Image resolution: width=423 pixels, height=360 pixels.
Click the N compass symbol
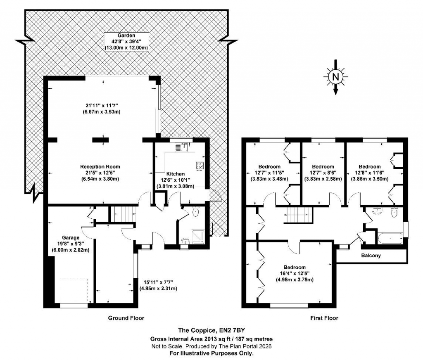tap(335, 77)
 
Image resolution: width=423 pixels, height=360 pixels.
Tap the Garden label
tap(126, 36)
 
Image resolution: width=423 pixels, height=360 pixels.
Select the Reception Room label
tap(100, 167)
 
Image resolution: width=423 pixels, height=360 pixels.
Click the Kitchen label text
tap(175, 174)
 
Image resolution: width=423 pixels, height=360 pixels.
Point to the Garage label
tap(71, 237)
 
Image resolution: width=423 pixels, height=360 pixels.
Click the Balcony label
tap(371, 256)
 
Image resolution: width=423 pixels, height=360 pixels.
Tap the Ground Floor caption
tap(126, 318)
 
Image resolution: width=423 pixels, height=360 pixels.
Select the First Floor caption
tap(324, 318)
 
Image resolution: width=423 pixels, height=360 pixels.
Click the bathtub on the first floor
tap(390, 238)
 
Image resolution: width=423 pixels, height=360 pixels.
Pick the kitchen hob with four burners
tap(200, 167)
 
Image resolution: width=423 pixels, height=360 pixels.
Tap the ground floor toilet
tap(196, 212)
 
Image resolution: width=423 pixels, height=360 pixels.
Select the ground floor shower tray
tap(198, 236)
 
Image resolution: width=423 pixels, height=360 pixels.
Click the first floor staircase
tap(298, 215)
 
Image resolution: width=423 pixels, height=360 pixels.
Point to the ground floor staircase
tap(123, 214)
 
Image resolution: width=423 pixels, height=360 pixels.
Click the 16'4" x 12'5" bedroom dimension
tap(294, 273)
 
